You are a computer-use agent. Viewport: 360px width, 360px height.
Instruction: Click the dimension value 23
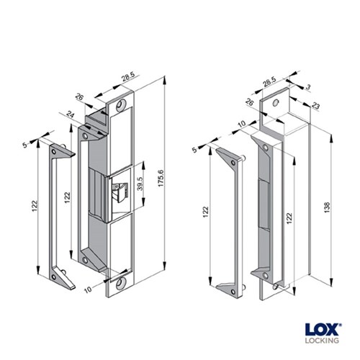pyautogui.click(x=315, y=105)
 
